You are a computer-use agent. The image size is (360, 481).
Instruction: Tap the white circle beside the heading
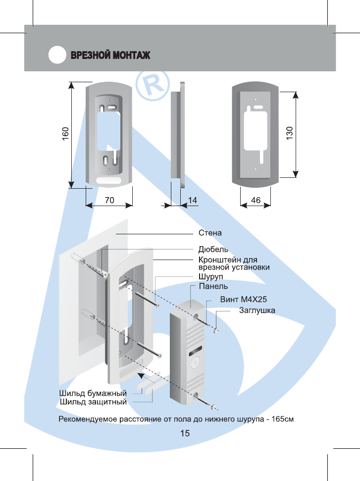(57, 55)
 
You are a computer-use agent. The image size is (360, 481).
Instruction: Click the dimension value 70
(109, 200)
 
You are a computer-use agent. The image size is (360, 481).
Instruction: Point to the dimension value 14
(193, 200)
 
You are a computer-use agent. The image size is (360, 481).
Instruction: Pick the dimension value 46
(256, 200)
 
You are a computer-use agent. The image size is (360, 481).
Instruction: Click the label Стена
(210, 232)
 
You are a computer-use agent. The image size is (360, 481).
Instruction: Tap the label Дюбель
(213, 249)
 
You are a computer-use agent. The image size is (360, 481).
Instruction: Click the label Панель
(213, 286)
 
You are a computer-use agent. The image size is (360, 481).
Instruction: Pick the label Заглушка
(257, 311)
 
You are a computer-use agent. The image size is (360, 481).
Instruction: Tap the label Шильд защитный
(93, 402)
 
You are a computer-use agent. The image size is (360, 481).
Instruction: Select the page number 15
(185, 433)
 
